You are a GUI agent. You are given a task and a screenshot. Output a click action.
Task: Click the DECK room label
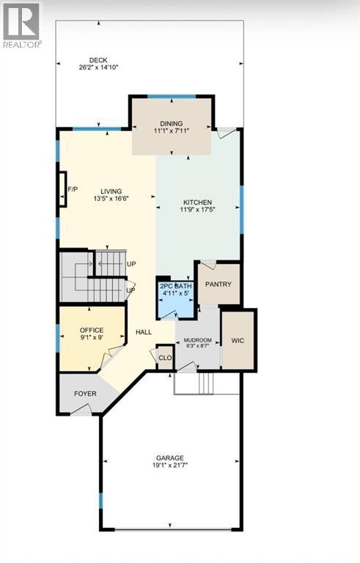pos(98,60)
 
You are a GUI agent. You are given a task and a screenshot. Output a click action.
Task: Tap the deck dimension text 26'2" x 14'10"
pos(98,67)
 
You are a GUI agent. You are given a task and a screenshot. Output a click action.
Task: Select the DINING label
pos(172,123)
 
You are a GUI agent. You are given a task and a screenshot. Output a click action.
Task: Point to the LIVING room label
pos(107,191)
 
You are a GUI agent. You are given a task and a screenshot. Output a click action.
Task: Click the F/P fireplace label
pos(72,189)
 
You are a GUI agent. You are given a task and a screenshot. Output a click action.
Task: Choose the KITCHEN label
pos(197,202)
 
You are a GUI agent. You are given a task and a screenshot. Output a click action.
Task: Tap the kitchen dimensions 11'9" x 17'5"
pos(197,210)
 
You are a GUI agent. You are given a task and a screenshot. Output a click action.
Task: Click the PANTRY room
pos(218,284)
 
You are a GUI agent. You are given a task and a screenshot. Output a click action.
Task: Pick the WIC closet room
pos(238,340)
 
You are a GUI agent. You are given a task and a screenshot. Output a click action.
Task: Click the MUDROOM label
pos(197,340)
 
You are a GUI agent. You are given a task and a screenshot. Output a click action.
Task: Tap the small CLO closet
pos(165,358)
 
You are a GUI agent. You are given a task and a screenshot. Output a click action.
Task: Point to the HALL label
pos(144,331)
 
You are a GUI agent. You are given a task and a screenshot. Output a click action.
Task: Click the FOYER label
pos(85,394)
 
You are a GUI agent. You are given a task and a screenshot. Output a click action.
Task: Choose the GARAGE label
pos(169,457)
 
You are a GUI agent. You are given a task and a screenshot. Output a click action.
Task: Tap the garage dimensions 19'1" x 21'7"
pos(169,465)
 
